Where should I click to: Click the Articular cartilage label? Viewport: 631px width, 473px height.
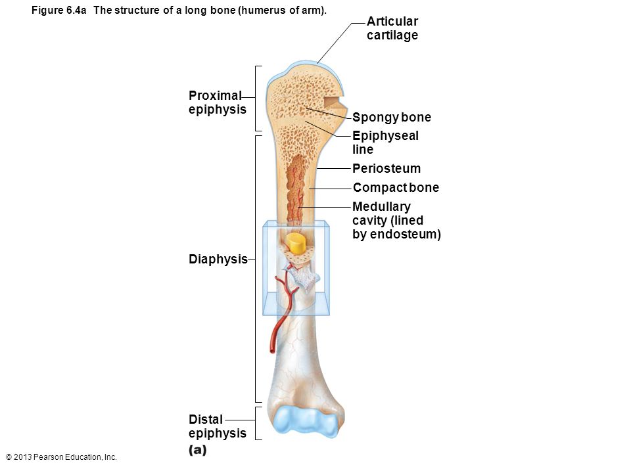tap(392, 28)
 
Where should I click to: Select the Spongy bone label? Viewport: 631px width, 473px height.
tap(392, 118)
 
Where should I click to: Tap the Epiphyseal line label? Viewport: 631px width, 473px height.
tap(386, 143)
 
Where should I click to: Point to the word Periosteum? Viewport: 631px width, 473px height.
tap(386, 168)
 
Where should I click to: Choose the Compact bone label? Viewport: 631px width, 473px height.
tap(396, 187)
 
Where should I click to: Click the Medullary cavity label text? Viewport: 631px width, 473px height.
tap(396, 220)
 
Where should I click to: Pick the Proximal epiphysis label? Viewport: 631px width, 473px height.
tap(218, 102)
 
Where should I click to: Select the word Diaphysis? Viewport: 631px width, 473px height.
tap(218, 259)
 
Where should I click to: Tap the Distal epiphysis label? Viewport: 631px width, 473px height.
tap(218, 426)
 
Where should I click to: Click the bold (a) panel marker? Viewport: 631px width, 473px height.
tap(198, 449)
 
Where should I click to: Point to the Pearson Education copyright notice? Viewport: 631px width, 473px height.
tap(61, 457)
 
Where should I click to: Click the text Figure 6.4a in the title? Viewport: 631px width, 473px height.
tap(58, 10)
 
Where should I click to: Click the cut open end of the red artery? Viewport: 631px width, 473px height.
tap(272, 351)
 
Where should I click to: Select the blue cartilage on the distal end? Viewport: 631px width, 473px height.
tap(308, 421)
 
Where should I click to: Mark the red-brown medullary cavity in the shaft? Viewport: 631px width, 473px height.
tap(295, 189)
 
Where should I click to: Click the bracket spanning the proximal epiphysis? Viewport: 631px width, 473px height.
tap(258, 99)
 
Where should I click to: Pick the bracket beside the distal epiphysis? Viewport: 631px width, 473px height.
tap(258, 423)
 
